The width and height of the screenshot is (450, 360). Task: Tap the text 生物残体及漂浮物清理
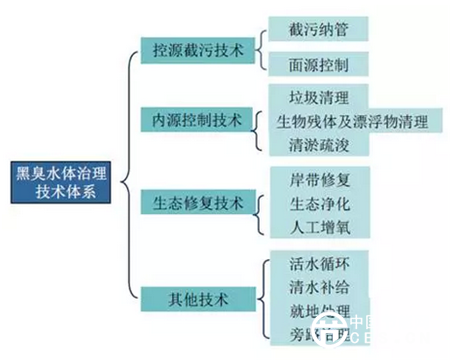(x=351, y=122)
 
